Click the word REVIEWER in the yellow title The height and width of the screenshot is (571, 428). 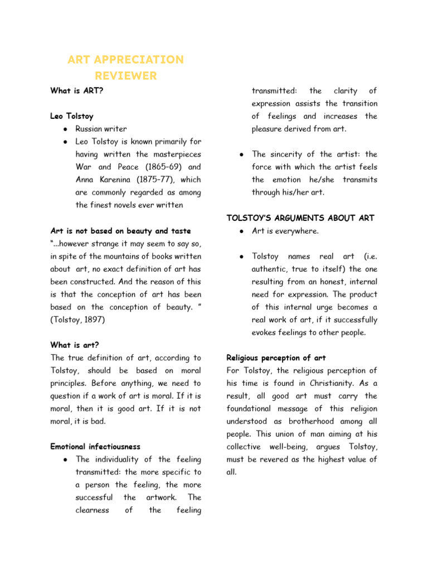click(125, 76)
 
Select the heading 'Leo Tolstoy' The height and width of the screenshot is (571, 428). click(72, 117)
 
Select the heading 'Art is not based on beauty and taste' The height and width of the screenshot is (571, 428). click(120, 231)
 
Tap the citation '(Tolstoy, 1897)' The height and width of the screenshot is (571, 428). click(78, 320)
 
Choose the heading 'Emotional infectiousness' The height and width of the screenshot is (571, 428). click(95, 447)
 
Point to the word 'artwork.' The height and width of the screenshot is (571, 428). click(162, 497)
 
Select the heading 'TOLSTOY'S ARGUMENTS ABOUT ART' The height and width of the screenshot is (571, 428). click(300, 218)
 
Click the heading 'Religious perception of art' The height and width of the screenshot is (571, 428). click(276, 358)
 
